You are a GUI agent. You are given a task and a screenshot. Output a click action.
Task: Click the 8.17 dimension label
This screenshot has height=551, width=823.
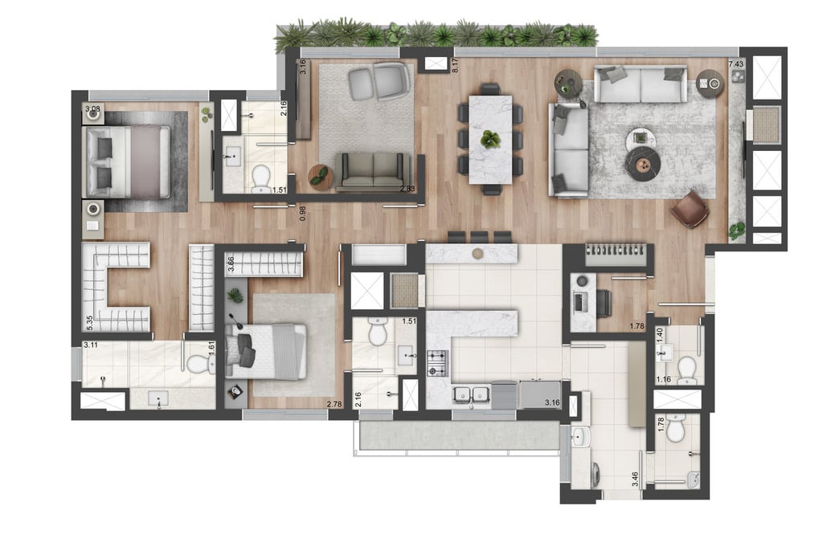click(x=455, y=64)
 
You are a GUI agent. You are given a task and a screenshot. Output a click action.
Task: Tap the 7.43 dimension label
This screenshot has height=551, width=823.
click(x=736, y=64)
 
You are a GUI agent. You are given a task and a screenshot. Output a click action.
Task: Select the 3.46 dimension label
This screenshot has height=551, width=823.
click(x=635, y=479)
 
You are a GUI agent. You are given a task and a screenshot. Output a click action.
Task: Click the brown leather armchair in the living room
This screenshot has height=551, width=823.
click(x=690, y=209)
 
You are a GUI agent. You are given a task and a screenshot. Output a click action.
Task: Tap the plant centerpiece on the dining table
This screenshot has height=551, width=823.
click(x=491, y=139)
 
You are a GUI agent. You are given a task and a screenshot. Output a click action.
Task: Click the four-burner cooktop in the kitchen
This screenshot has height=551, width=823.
click(x=438, y=363)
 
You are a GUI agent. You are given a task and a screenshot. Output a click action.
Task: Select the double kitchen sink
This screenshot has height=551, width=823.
click(x=473, y=395)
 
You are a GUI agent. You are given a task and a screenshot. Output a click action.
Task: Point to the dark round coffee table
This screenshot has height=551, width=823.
click(x=644, y=164)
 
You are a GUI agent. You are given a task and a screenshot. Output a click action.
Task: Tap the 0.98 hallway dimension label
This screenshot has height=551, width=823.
click(x=302, y=213)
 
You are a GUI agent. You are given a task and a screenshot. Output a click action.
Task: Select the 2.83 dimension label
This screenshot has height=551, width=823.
click(x=407, y=189)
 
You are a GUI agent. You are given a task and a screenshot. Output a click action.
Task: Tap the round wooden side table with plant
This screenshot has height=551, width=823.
click(x=320, y=177)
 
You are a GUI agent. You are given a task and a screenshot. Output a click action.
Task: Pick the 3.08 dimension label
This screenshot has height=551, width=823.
click(x=92, y=109)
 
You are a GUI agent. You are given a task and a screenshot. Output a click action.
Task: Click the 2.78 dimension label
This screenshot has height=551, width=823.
click(x=334, y=404)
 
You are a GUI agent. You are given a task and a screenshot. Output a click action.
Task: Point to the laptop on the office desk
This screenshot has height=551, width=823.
click(x=580, y=302)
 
